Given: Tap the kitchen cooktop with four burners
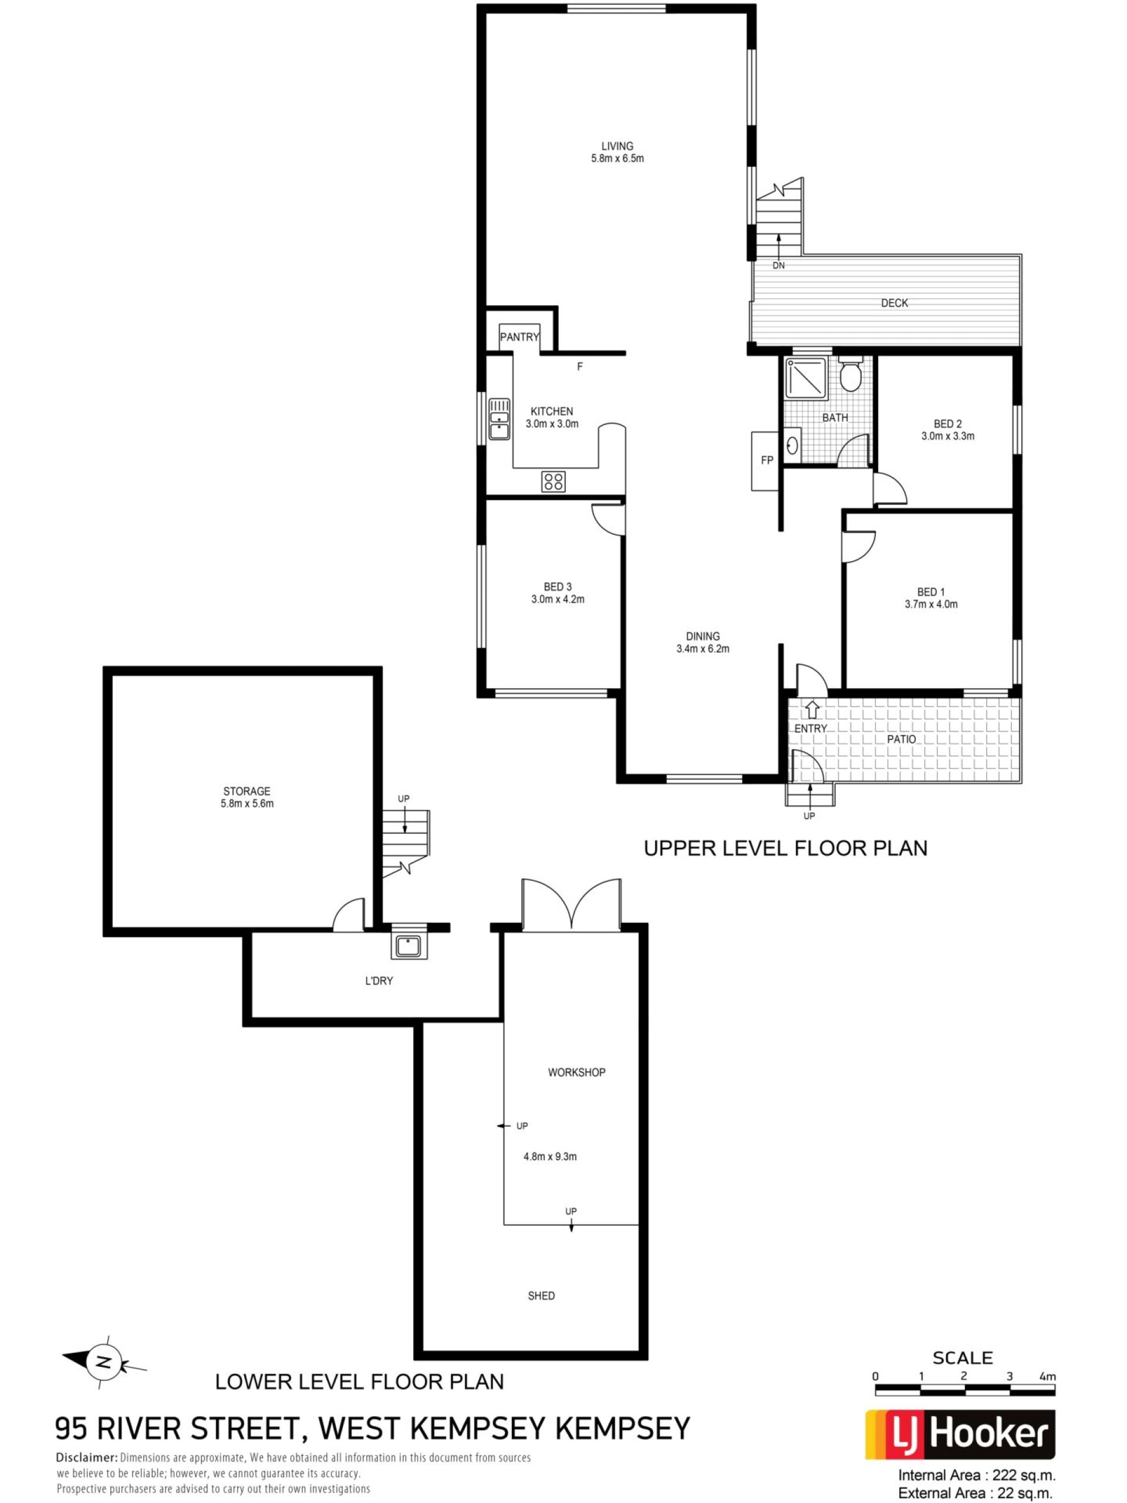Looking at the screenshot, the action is coord(553,481).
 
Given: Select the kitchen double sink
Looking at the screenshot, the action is coord(500,419).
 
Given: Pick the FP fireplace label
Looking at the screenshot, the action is coord(767,460).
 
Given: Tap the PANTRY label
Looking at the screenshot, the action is coord(519,336).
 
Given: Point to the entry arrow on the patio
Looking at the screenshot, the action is coord(812,709).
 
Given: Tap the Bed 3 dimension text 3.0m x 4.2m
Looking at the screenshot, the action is coord(558,599).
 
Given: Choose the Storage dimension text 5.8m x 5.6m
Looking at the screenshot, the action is coord(247,803).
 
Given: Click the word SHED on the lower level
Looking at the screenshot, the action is coord(541,1296).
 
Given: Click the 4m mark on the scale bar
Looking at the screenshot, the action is coord(1048,1377).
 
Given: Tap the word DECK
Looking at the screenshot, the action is coord(894,303).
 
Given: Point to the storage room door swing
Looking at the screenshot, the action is coord(349,912).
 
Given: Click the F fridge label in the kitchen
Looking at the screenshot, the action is coord(579,367).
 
